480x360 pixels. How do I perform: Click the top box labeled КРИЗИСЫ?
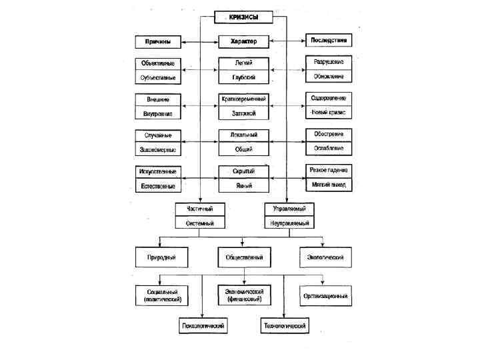pyautogui.click(x=243, y=17)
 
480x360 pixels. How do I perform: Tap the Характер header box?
pyautogui.click(x=243, y=41)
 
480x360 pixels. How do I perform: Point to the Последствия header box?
pyautogui.click(x=329, y=40)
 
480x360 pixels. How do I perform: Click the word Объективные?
pyautogui.click(x=157, y=63)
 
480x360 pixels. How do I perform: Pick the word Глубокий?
pyautogui.click(x=243, y=77)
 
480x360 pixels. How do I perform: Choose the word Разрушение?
pyautogui.click(x=329, y=62)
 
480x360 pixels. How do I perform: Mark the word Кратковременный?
pyautogui.click(x=243, y=99)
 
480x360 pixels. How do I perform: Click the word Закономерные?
pyautogui.click(x=157, y=149)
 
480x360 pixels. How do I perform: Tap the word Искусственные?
pyautogui.click(x=157, y=171)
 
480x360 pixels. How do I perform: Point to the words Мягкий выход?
pyautogui.click(x=329, y=185)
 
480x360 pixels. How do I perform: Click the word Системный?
pyautogui.click(x=200, y=223)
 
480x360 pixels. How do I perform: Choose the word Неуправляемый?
pyautogui.click(x=289, y=223)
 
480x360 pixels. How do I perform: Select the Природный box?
pyautogui.click(x=161, y=257)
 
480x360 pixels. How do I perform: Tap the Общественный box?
pyautogui.click(x=243, y=257)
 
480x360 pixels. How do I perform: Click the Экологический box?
pyautogui.click(x=325, y=257)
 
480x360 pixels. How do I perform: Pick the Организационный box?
pyautogui.click(x=325, y=295)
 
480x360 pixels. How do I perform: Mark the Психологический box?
pyautogui.click(x=203, y=326)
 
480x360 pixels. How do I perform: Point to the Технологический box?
pyautogui.click(x=284, y=326)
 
